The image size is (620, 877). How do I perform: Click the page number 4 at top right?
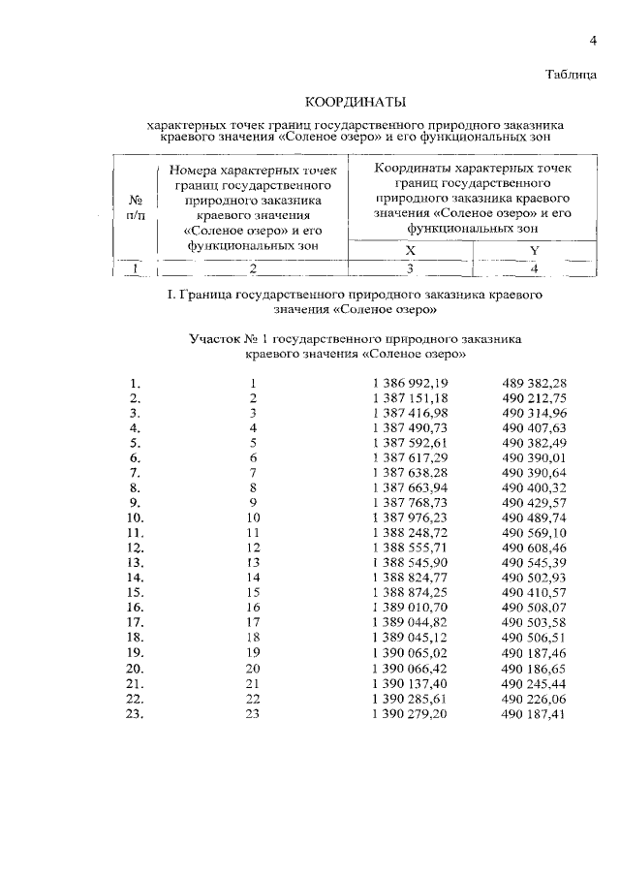pyautogui.click(x=592, y=39)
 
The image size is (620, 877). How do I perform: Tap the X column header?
pyautogui.click(x=410, y=249)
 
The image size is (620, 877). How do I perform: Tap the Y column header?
pyautogui.click(x=533, y=249)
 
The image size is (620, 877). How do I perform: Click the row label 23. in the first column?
pyautogui.click(x=135, y=714)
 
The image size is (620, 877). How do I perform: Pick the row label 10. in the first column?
pyautogui.click(x=135, y=517)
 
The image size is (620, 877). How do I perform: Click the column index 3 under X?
pyautogui.click(x=410, y=267)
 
